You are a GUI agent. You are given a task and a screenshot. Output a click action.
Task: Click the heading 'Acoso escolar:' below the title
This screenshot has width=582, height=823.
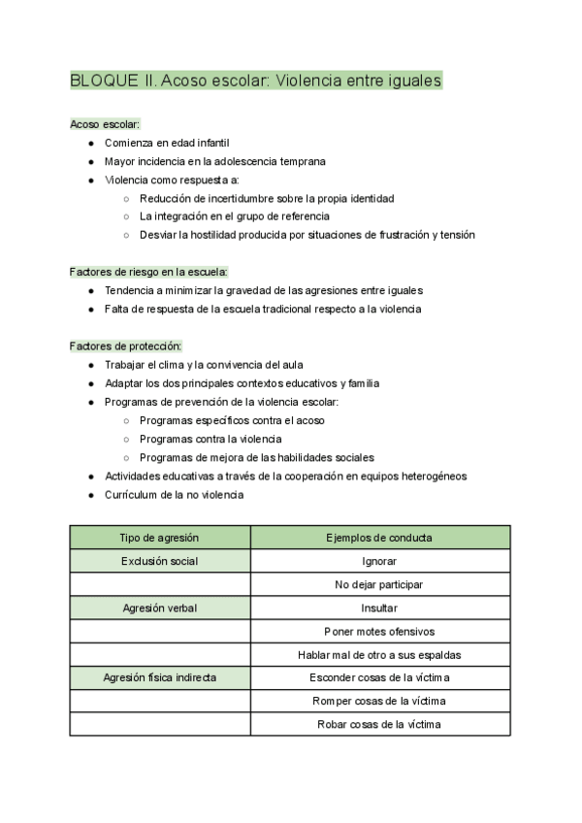click(106, 124)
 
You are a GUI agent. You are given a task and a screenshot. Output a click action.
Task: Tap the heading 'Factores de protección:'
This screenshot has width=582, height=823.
click(125, 346)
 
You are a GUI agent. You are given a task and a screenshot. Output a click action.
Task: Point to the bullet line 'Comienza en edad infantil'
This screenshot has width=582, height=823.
click(167, 143)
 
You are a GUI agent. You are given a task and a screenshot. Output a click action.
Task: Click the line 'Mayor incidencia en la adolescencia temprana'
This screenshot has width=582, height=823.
click(214, 161)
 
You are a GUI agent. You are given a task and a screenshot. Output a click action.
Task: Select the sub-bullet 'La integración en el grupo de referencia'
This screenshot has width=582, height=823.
click(235, 216)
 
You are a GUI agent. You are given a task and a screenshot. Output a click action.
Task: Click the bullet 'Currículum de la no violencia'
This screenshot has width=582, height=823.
click(174, 494)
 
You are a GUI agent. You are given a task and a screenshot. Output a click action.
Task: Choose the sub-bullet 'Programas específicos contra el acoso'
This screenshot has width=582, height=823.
click(232, 420)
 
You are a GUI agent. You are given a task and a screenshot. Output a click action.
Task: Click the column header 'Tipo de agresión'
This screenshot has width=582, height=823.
click(160, 538)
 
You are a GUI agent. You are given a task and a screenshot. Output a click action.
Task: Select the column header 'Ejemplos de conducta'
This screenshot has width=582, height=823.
click(379, 538)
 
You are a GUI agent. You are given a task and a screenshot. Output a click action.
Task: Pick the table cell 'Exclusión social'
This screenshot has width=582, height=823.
click(160, 561)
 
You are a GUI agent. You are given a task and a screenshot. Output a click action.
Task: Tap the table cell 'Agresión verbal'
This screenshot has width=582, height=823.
click(160, 608)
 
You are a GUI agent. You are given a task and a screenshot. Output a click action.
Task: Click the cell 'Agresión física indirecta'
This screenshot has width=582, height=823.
click(160, 677)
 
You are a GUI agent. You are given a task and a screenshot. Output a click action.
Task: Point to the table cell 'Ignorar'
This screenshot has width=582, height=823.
click(379, 561)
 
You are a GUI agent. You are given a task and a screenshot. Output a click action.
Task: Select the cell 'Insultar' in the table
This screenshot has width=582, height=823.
click(379, 608)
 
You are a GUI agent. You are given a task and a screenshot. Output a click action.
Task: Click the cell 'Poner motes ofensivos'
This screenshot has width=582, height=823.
click(379, 631)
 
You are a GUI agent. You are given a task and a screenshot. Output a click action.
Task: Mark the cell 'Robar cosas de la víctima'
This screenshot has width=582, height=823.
click(379, 724)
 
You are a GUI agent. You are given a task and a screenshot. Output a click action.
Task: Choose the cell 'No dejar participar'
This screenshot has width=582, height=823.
click(379, 584)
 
